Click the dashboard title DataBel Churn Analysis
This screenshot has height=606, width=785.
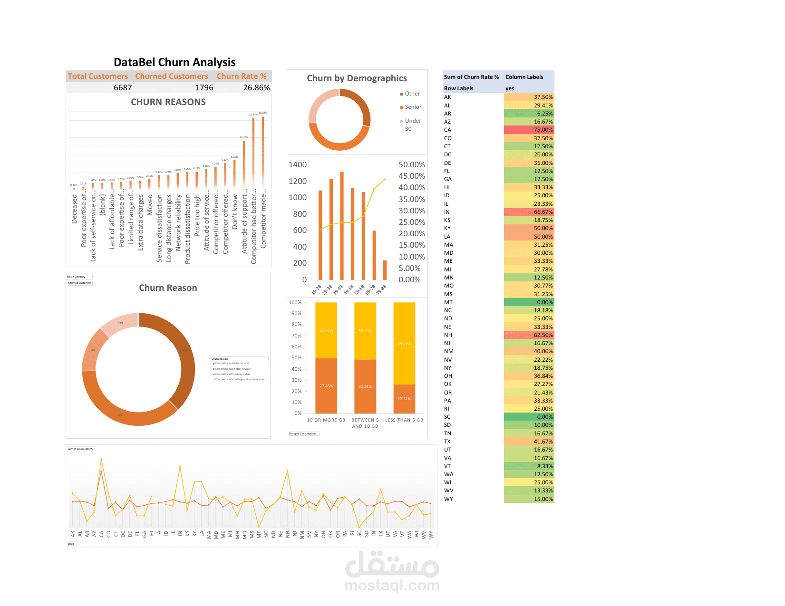coord(174,62)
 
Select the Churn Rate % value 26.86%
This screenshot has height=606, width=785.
coord(256,87)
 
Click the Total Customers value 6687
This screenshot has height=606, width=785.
coord(123,87)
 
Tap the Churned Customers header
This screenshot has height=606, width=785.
coord(172,76)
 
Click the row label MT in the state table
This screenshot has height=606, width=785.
coord(448,302)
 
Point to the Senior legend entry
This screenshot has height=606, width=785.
coord(413,107)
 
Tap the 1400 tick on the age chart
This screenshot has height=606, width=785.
coord(298,164)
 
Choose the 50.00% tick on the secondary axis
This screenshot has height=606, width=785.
coord(412,164)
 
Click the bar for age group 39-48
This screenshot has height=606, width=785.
coord(342,226)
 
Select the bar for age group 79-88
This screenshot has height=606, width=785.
coord(385,270)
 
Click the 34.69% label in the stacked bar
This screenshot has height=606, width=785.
coord(404,343)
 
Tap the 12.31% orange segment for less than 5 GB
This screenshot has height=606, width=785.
coord(404,399)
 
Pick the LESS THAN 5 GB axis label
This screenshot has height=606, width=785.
coord(404,420)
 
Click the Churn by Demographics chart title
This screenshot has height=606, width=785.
coord(357,78)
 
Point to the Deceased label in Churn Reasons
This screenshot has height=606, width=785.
coord(74,209)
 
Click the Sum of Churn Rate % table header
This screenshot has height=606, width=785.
coord(471,77)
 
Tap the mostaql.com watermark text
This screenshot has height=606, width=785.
coord(392,585)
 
